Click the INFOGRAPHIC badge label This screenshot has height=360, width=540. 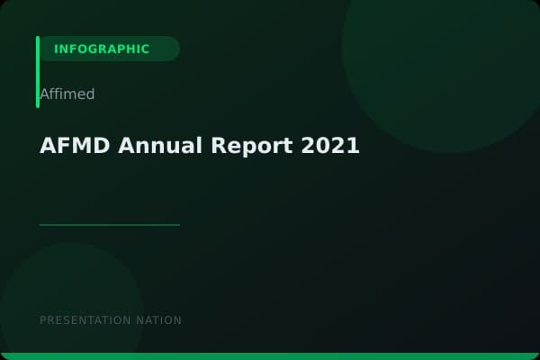[x=102, y=49]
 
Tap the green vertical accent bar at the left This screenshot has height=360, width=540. [x=38, y=72]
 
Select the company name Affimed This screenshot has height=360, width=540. [x=67, y=94]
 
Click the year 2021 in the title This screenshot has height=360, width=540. [x=330, y=146]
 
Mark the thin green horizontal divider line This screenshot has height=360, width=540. [x=110, y=225]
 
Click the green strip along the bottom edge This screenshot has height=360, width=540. [x=270, y=356]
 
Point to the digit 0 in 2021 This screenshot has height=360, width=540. [x=323, y=146]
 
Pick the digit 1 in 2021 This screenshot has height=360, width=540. [x=353, y=146]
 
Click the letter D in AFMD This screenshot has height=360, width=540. [x=98, y=146]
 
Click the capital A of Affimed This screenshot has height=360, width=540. [x=44, y=94]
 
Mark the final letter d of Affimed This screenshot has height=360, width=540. [x=90, y=94]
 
